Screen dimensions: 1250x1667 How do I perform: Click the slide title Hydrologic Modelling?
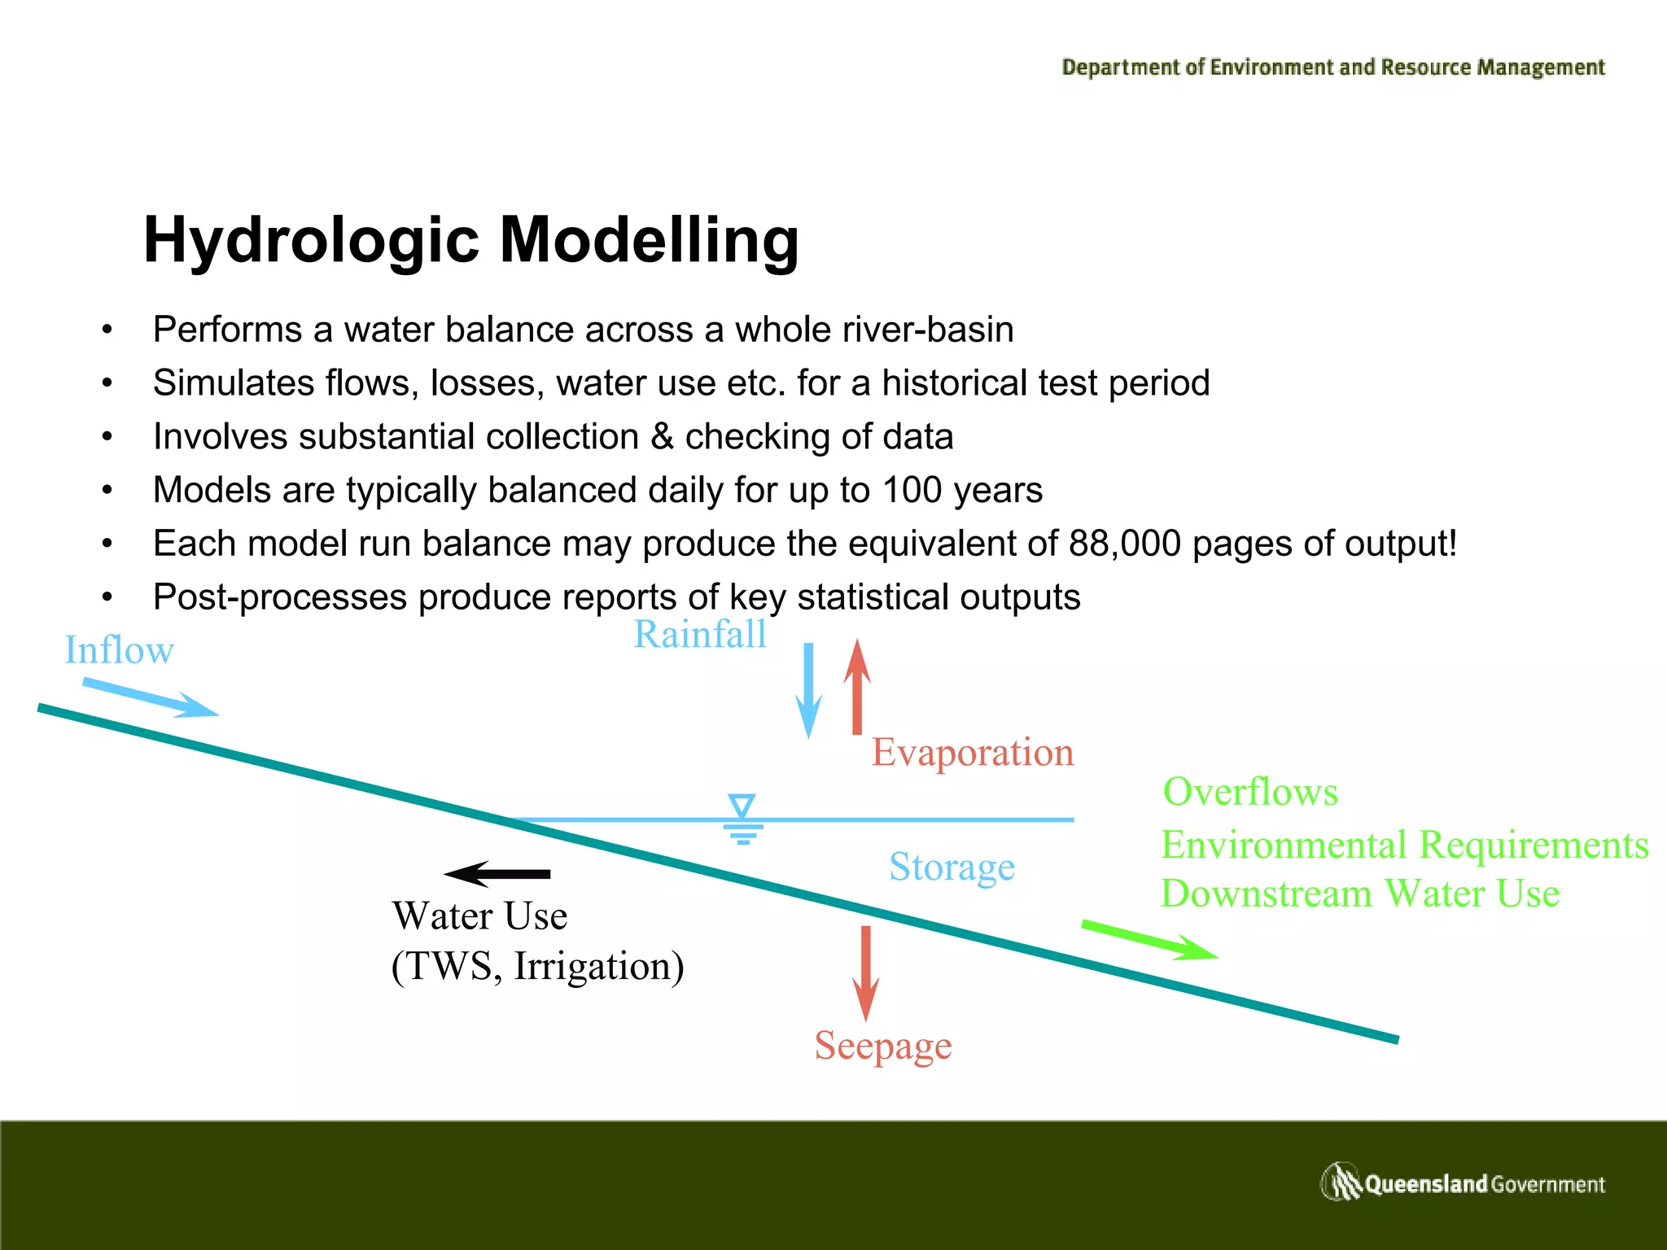(470, 241)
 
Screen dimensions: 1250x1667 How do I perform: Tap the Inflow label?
(119, 650)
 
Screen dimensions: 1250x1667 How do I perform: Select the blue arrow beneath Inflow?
(151, 698)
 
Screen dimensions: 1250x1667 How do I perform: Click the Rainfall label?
(700, 634)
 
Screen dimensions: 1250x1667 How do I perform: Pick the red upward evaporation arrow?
(856, 688)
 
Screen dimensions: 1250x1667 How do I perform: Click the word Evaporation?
(973, 752)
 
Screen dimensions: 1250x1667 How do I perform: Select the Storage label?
(952, 867)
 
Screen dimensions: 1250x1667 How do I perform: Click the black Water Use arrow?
(498, 874)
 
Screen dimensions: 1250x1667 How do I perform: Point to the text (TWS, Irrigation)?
(537, 966)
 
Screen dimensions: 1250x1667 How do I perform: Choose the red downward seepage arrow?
(865, 972)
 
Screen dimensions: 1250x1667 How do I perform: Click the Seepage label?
(883, 1046)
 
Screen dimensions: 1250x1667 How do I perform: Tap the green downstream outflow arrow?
(1149, 940)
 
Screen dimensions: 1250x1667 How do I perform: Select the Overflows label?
(1250, 792)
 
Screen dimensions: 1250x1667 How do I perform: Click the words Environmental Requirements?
(1404, 845)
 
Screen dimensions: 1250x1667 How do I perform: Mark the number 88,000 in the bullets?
(1124, 544)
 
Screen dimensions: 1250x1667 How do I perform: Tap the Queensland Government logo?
(1462, 1182)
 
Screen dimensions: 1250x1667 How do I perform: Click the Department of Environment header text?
(1333, 68)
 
